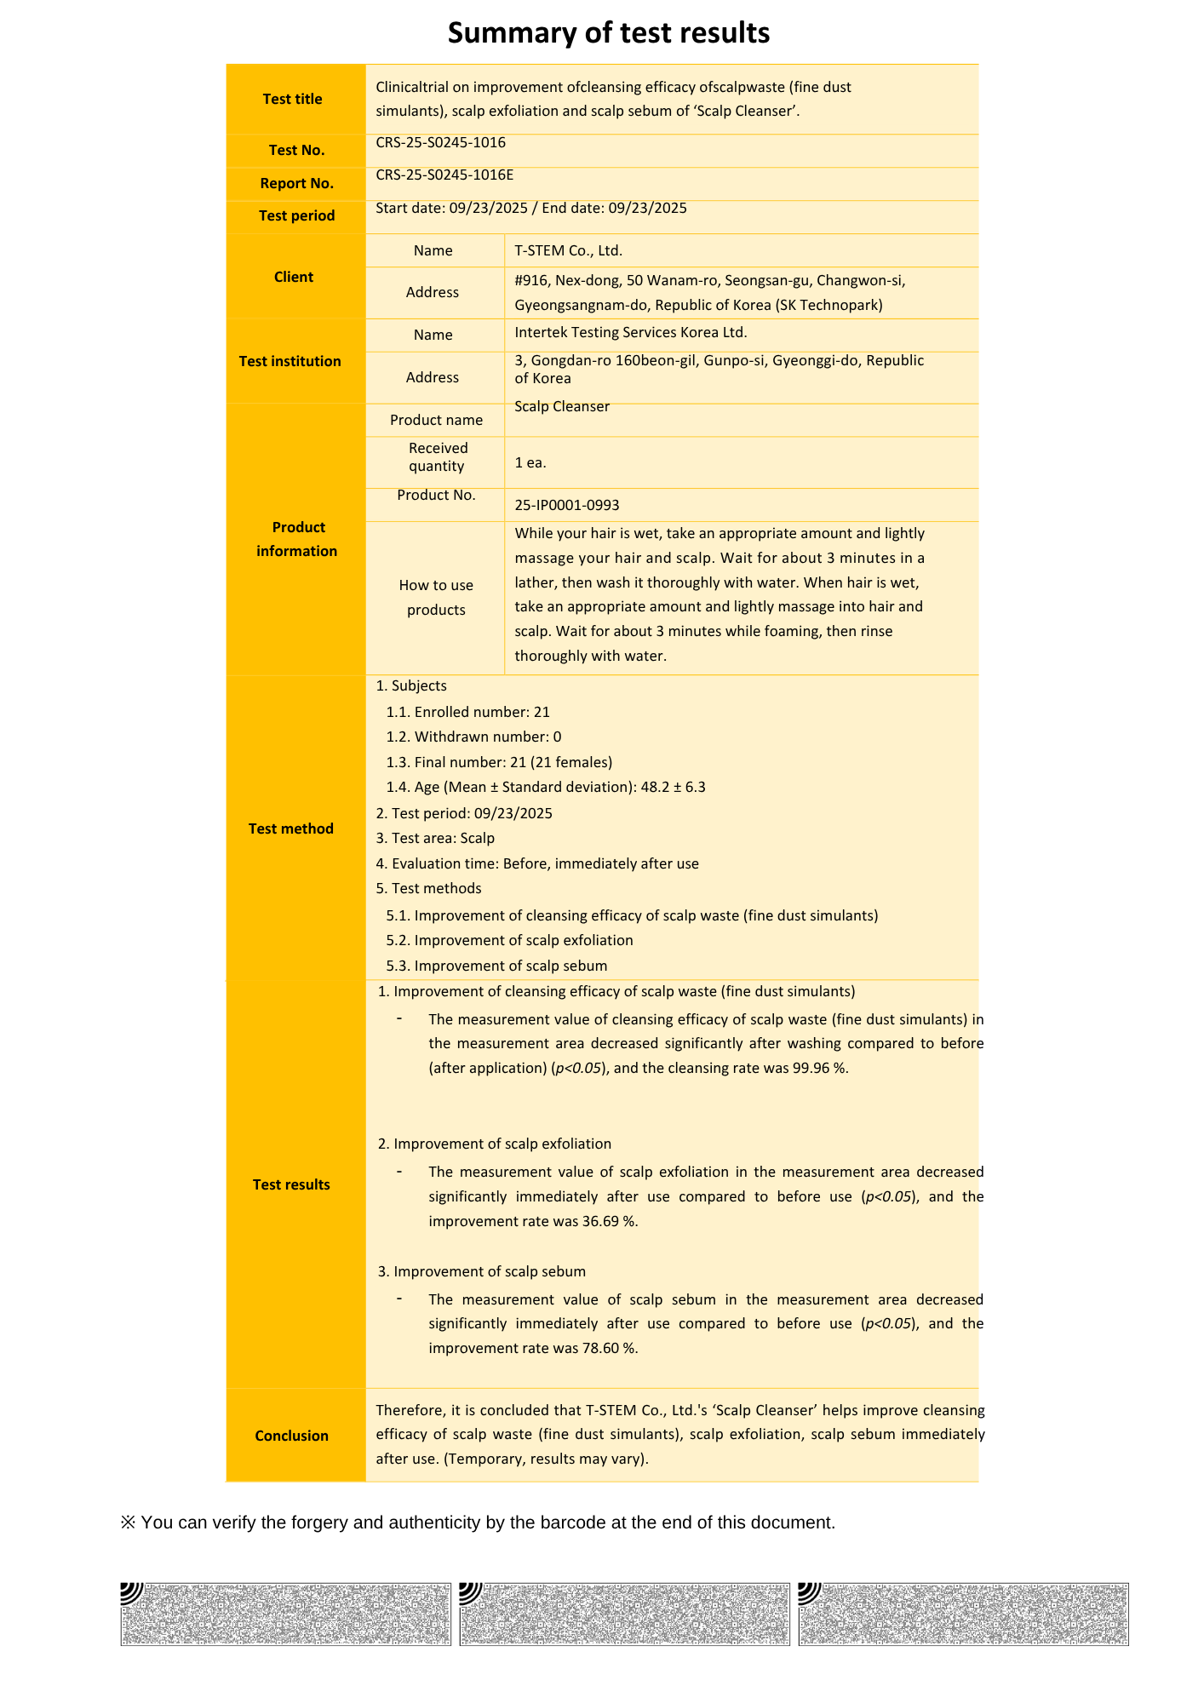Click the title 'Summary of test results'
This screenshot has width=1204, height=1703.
point(608,33)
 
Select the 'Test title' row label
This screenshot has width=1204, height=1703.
point(292,99)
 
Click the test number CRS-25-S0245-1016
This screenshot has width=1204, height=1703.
point(440,142)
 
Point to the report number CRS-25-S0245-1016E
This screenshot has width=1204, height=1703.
point(444,175)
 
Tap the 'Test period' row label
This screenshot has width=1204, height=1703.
point(296,216)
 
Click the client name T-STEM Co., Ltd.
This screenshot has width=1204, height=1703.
point(568,250)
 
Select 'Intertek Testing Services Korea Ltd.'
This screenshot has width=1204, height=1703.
point(630,332)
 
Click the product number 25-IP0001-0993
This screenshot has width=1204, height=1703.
point(566,505)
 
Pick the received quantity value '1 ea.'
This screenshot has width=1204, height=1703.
point(530,462)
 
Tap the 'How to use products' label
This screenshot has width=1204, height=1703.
point(435,597)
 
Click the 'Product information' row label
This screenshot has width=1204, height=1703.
point(296,539)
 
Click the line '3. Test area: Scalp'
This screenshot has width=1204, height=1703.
point(434,838)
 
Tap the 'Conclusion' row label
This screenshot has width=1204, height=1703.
point(291,1436)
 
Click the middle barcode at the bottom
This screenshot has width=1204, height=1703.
point(624,1614)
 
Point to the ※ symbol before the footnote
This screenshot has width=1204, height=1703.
point(128,1522)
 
